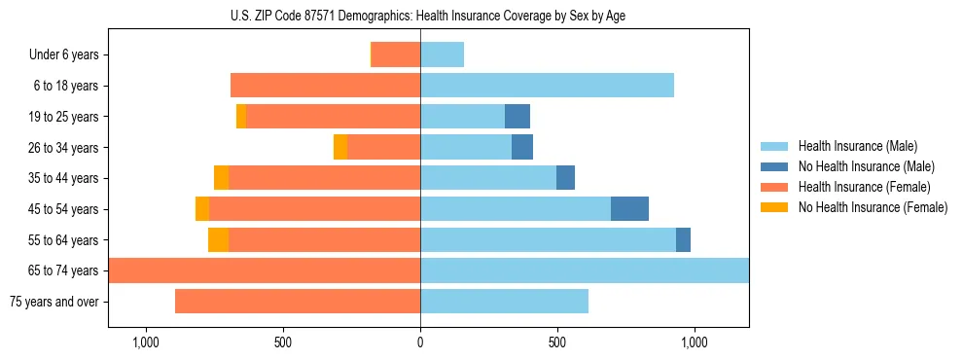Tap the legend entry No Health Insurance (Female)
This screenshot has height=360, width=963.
(x=873, y=207)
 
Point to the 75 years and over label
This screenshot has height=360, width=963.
(x=53, y=302)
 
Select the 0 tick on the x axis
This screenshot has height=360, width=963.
(x=420, y=342)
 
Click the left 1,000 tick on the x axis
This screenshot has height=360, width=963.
(x=145, y=342)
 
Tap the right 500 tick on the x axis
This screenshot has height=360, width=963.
(x=557, y=342)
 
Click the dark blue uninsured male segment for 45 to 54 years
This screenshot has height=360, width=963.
(x=629, y=209)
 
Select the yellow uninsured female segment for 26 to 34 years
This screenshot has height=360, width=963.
(x=340, y=147)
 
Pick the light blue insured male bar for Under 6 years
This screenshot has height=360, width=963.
(x=442, y=55)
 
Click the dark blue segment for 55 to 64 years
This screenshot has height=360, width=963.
(x=683, y=239)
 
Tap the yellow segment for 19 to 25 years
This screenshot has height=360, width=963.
(x=241, y=117)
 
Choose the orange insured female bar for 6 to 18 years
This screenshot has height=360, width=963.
(x=325, y=86)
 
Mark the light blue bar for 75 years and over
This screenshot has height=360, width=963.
(x=504, y=302)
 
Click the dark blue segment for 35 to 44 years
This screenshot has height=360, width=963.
(x=565, y=178)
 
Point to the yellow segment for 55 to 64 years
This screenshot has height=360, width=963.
(x=218, y=239)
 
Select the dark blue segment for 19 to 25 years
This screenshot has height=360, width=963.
(x=517, y=117)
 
